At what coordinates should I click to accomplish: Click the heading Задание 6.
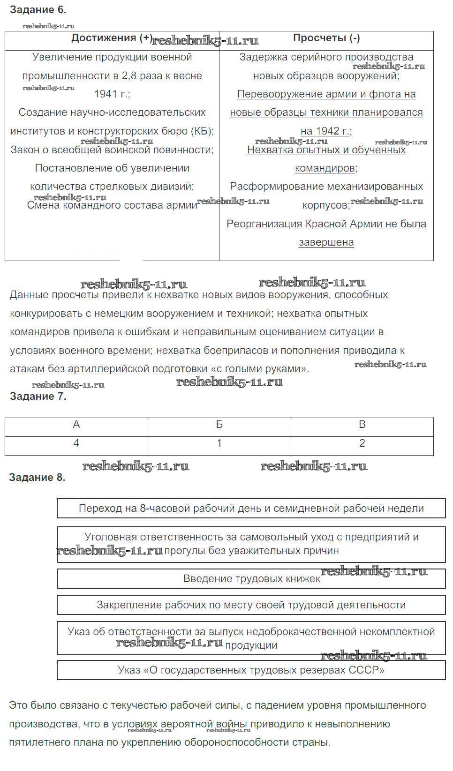pyautogui.click(x=38, y=9)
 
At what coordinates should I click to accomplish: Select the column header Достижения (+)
pyautogui.click(x=112, y=38)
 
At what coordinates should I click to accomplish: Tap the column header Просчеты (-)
pyautogui.click(x=326, y=38)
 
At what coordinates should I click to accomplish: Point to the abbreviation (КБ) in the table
pyautogui.click(x=202, y=131)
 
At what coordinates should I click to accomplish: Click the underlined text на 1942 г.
pyautogui.click(x=325, y=131)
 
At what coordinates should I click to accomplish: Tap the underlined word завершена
pyautogui.click(x=326, y=242)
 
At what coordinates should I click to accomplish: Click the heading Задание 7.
pyautogui.click(x=38, y=397)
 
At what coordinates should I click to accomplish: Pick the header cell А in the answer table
pyautogui.click(x=76, y=425)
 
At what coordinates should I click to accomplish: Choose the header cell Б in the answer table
pyautogui.click(x=219, y=425)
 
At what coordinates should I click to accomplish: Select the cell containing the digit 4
pyautogui.click(x=76, y=443)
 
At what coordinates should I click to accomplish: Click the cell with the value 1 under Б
pyautogui.click(x=219, y=443)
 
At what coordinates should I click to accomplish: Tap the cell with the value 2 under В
pyautogui.click(x=362, y=443)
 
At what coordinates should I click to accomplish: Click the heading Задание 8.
pyautogui.click(x=38, y=478)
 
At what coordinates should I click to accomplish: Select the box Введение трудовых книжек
pyautogui.click(x=251, y=579)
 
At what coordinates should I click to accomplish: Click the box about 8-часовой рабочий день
pyautogui.click(x=251, y=509)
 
